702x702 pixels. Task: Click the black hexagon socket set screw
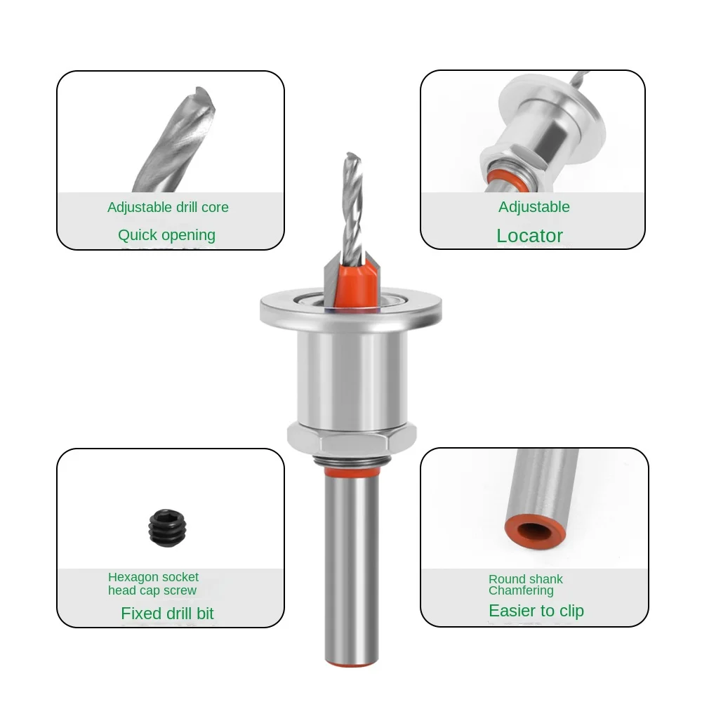pyautogui.click(x=168, y=528)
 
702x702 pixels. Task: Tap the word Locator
pyautogui.click(x=529, y=235)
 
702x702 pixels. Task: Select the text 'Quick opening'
pyautogui.click(x=166, y=235)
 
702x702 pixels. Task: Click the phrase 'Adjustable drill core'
pyautogui.click(x=168, y=207)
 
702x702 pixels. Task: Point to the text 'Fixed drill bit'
pyautogui.click(x=168, y=614)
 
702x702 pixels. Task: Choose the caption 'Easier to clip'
pyautogui.click(x=536, y=611)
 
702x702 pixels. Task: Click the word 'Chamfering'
pyautogui.click(x=521, y=590)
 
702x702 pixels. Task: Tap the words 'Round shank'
pyautogui.click(x=526, y=579)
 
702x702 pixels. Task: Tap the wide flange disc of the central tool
pyautogui.click(x=351, y=308)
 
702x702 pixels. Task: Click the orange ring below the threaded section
pyautogui.click(x=352, y=472)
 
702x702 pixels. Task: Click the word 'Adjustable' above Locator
pyautogui.click(x=534, y=207)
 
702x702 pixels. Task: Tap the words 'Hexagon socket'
pyautogui.click(x=153, y=577)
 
